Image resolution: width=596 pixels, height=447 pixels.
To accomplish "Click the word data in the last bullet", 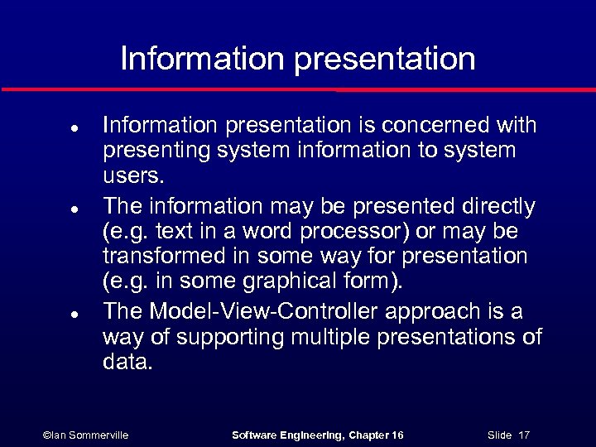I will [127, 363].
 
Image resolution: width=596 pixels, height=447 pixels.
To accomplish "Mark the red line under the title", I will [298, 89].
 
